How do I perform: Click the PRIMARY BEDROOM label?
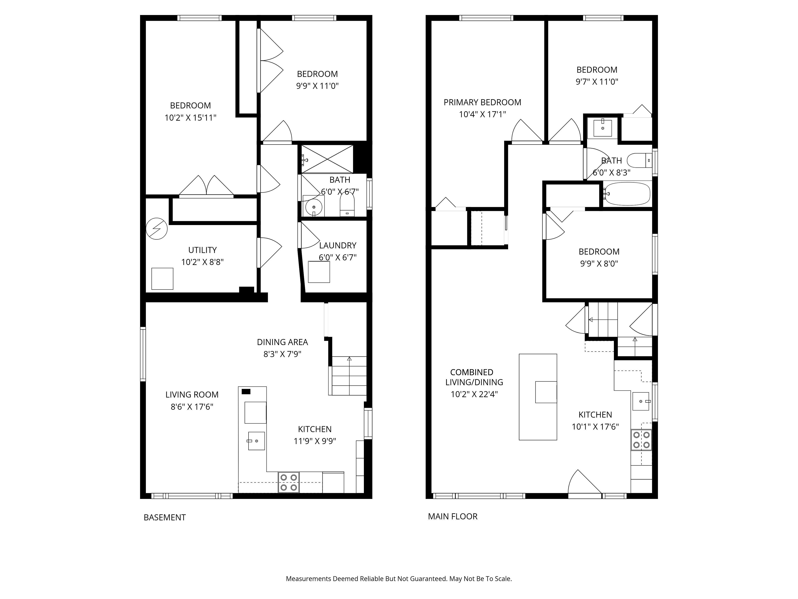tap(482, 103)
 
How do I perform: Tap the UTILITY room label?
tap(202, 250)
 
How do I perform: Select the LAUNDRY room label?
tap(338, 245)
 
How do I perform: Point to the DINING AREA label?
tap(282, 342)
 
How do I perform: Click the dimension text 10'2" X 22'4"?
tap(474, 394)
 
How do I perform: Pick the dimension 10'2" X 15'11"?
tap(191, 118)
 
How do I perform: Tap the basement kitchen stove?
tap(289, 482)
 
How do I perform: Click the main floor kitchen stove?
tap(642, 440)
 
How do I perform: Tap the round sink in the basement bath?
tap(314, 207)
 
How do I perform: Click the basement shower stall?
tap(327, 159)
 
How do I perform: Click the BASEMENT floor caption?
tap(165, 518)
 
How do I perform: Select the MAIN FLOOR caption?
tap(453, 517)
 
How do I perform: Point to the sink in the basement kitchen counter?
tap(256, 441)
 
